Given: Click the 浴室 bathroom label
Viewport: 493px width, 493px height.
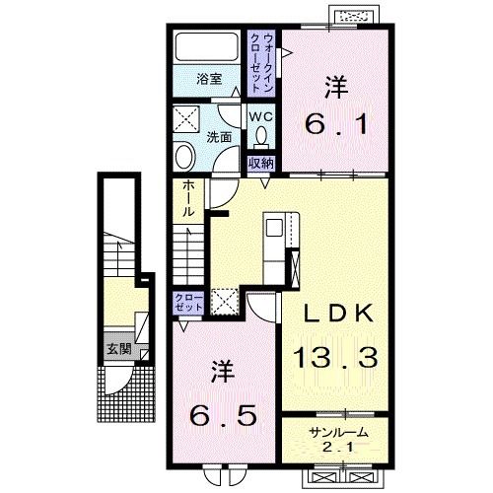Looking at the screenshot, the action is [x=209, y=79].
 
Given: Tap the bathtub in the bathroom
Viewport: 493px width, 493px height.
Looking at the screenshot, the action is [x=207, y=46].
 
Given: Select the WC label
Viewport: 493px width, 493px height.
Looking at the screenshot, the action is [x=260, y=116].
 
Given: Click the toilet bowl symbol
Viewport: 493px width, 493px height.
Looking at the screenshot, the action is [x=261, y=136].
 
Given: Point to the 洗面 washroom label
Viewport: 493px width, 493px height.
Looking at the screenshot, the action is [x=219, y=137].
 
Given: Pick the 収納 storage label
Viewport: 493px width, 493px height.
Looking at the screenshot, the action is [x=261, y=163].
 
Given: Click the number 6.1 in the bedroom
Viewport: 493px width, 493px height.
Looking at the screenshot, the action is [x=336, y=123].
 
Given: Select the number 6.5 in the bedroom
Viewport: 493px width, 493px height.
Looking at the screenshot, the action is [x=223, y=415].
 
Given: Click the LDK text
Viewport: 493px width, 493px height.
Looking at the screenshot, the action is [x=338, y=313].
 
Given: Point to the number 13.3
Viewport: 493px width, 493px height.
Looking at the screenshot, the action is [x=335, y=357].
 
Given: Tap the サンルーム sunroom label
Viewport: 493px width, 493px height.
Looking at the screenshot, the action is [x=338, y=433].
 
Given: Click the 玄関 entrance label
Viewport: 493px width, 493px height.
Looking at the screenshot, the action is [x=119, y=349].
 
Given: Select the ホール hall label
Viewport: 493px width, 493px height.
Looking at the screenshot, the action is [x=188, y=199].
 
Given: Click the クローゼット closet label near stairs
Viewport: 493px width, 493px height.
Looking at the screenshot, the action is [x=188, y=303].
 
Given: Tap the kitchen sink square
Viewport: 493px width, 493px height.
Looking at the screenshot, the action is [x=274, y=228].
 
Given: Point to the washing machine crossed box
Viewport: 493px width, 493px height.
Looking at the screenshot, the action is [x=185, y=119].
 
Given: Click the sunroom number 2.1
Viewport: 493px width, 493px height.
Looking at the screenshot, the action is [x=338, y=448].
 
